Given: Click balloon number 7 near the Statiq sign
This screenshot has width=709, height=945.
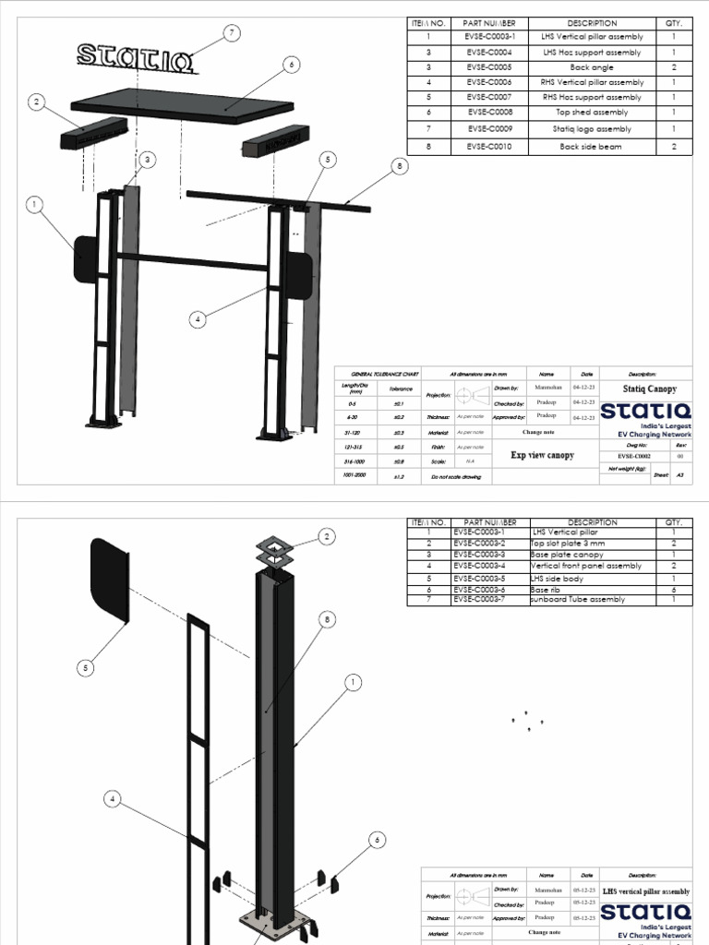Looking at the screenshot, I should pos(233,33).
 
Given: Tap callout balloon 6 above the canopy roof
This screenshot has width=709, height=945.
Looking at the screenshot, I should pos(292,65).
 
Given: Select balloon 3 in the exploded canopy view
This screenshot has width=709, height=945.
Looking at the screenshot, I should pos(145,161).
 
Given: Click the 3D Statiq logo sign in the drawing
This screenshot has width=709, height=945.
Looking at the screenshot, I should pos(136,57).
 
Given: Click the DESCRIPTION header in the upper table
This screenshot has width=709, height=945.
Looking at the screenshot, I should pos(593,23).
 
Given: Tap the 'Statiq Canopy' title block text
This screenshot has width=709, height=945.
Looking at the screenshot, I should pos(650,389).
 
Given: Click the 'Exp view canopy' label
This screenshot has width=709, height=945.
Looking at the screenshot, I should pos(542,455).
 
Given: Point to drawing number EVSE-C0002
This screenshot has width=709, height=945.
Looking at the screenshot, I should pos(632,456).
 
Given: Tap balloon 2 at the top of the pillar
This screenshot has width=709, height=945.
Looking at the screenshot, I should pos(325,536).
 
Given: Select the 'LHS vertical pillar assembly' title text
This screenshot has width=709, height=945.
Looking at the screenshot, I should pos(646,891).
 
